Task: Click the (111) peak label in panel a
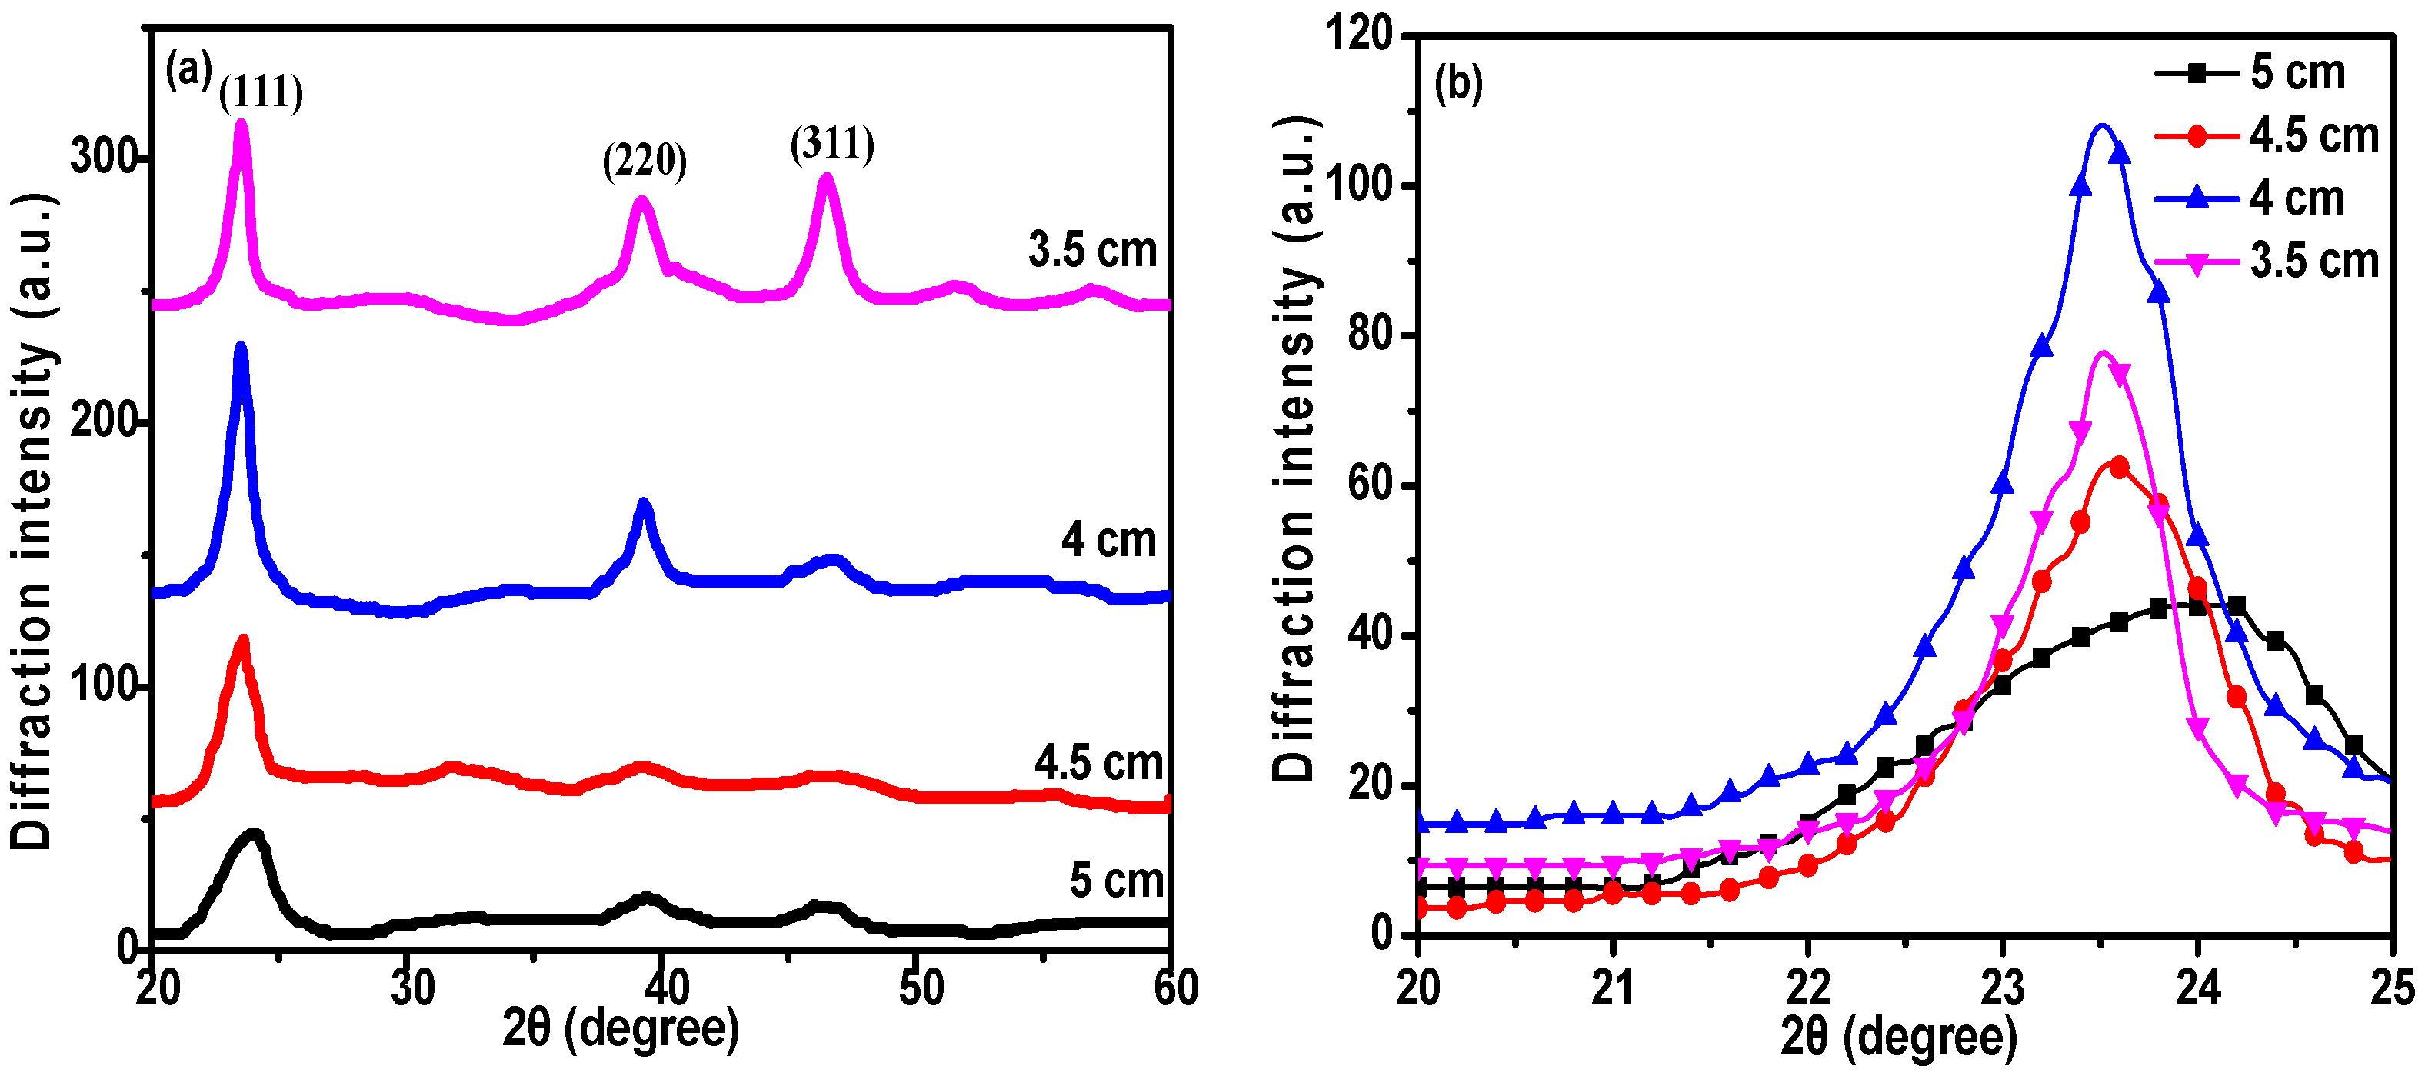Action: pos(261,92)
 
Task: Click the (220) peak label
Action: pos(644,161)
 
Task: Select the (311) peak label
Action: pos(832,144)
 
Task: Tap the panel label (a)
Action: pos(188,71)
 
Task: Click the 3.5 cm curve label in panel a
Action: pos(1092,251)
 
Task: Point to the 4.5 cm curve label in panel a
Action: pos(1098,762)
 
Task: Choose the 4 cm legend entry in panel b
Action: pos(2297,198)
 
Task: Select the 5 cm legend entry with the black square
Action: pos(2297,73)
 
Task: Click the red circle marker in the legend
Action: pos(2197,136)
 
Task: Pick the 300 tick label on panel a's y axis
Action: pos(104,156)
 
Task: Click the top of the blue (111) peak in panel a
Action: pos(241,346)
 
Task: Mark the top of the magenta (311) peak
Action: pos(827,177)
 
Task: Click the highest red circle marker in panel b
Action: pos(2119,468)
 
